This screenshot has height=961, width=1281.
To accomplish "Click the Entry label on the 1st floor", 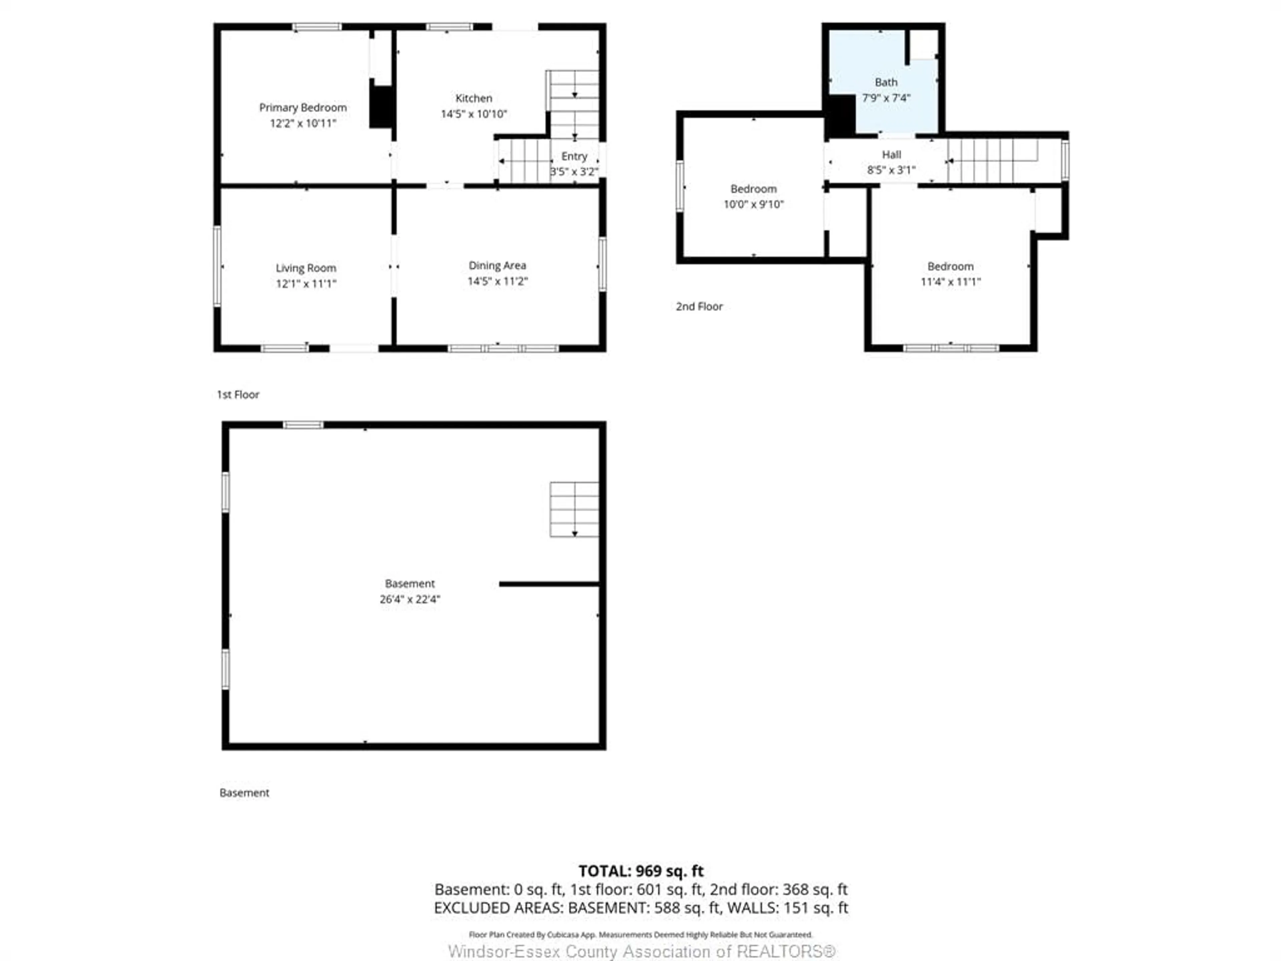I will click(x=574, y=156).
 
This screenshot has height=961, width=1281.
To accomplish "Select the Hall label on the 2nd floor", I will click(x=891, y=155).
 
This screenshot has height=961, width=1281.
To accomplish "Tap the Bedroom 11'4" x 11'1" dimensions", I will click(x=950, y=282).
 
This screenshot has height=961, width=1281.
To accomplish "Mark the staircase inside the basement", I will click(x=574, y=509).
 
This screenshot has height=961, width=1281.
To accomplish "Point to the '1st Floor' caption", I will click(x=238, y=394).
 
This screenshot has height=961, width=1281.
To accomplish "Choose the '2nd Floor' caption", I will click(x=699, y=306).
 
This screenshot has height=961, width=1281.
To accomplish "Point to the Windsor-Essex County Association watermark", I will click(x=642, y=951).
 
